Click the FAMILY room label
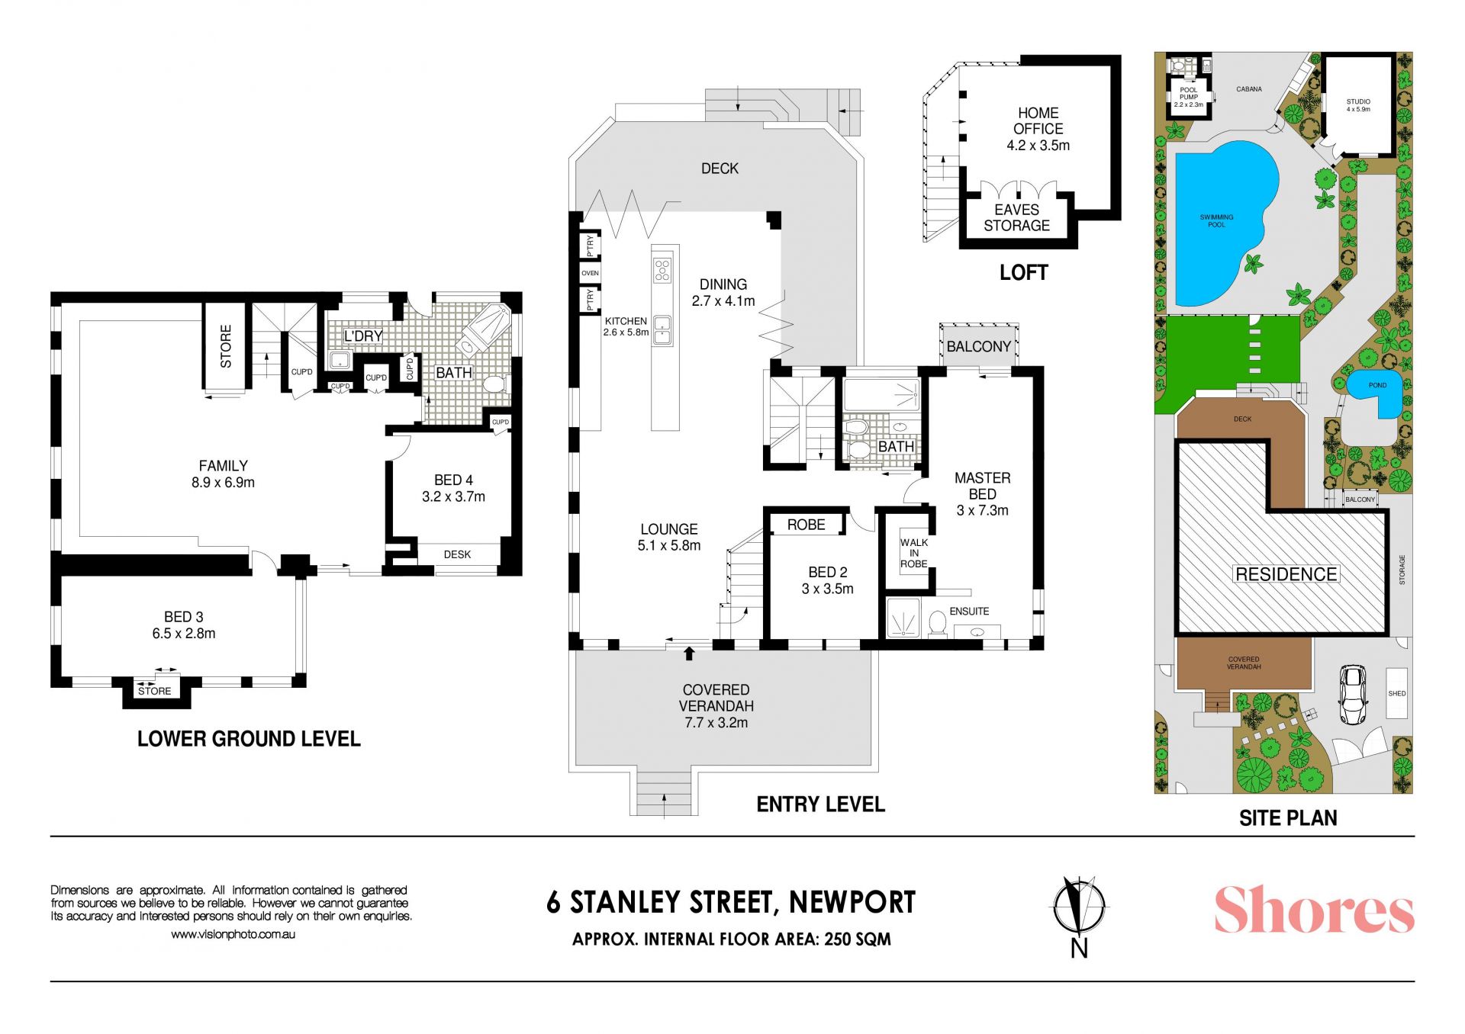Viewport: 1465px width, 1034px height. [223, 465]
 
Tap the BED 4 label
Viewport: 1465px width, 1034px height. [453, 480]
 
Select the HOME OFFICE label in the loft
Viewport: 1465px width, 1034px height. [1038, 120]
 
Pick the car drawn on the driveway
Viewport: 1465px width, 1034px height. [1353, 695]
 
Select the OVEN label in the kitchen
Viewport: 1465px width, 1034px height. [590, 273]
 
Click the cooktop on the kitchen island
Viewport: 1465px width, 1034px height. [662, 270]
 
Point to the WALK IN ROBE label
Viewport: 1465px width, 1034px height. [913, 554]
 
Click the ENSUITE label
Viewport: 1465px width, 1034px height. [969, 612]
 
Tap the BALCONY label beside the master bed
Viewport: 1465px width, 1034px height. [978, 346]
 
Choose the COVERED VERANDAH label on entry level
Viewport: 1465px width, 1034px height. [716, 698]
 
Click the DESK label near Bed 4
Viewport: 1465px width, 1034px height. [457, 554]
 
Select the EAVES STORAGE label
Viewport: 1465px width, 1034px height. [1016, 217]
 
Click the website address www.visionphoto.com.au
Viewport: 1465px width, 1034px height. [233, 934]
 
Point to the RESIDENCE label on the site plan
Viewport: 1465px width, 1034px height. [1286, 574]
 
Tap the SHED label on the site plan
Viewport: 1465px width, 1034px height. [1397, 694]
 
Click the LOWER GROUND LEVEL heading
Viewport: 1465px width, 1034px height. [249, 739]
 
